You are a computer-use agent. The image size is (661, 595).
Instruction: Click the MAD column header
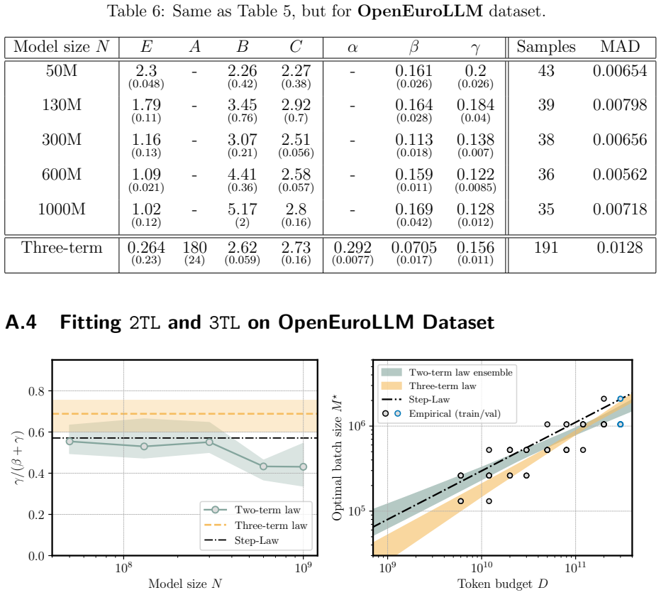pyautogui.click(x=620, y=46)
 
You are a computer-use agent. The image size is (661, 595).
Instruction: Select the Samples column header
pyautogui.click(x=546, y=47)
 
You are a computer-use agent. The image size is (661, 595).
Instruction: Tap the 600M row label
pyautogui.click(x=62, y=174)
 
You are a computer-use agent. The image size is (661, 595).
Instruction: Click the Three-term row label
pyautogui.click(x=62, y=248)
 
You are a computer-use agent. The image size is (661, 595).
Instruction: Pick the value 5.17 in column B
pyautogui.click(x=242, y=209)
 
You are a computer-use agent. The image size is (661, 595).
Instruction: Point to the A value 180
pyautogui.click(x=194, y=248)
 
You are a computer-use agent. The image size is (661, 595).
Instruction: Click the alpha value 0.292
pyautogui.click(x=352, y=248)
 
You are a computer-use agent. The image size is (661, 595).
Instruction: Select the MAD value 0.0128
pyautogui.click(x=620, y=248)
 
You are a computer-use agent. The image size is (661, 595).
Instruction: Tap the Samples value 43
pyautogui.click(x=546, y=71)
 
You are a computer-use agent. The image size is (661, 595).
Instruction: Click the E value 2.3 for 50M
pyautogui.click(x=146, y=71)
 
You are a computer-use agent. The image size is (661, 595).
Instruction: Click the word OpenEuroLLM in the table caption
pyautogui.click(x=421, y=11)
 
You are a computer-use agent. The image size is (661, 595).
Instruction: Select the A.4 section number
pyautogui.click(x=21, y=322)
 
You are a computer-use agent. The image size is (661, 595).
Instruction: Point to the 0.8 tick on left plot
pyautogui.click(x=36, y=392)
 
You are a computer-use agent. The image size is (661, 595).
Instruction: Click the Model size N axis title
pyautogui.click(x=185, y=584)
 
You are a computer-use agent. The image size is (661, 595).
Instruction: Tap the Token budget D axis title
pyautogui.click(x=503, y=584)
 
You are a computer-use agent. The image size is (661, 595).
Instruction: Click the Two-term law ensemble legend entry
pyautogui.click(x=447, y=372)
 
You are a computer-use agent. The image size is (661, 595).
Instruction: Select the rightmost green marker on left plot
pyautogui.click(x=303, y=466)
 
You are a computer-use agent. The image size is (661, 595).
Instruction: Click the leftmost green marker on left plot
pyautogui.click(x=70, y=442)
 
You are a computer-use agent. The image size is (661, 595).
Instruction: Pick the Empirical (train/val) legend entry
pyautogui.click(x=441, y=413)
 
